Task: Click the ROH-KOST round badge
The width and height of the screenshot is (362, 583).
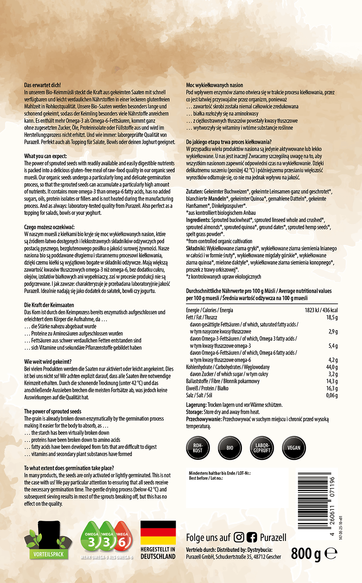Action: tap(198, 448)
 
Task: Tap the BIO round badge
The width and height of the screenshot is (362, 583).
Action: tap(230, 448)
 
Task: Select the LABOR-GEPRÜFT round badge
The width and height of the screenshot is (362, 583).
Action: tap(262, 448)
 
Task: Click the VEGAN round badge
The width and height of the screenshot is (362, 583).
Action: tap(294, 448)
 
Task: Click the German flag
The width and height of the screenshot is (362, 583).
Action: tap(158, 532)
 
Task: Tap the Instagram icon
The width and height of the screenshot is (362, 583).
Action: tap(239, 538)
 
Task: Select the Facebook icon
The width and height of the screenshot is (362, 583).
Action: tap(252, 538)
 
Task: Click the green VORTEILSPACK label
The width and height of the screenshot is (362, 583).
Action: tap(48, 554)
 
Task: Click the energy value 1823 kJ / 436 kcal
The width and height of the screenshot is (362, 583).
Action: tap(321, 310)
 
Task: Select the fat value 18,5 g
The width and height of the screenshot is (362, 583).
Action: tap(332, 318)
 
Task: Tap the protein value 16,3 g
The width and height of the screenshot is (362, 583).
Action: tap(332, 388)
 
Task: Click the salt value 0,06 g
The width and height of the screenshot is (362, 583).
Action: tap(332, 395)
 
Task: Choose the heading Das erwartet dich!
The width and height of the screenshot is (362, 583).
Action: tap(42, 85)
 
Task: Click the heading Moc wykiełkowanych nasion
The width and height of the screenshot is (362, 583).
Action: tap(214, 85)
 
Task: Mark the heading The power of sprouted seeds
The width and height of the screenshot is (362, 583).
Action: tap(52, 411)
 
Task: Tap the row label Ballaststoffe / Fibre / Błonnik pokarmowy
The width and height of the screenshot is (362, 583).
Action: tap(222, 381)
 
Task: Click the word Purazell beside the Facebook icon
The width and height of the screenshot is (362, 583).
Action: tap(273, 538)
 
